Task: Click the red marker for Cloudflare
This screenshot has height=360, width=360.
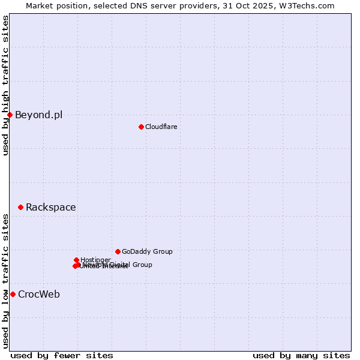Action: (141, 127)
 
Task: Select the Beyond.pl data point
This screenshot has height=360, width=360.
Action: (10, 115)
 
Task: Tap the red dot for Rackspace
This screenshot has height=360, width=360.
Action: (20, 207)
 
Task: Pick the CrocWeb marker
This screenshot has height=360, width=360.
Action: (13, 294)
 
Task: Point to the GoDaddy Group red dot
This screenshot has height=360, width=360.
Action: (118, 251)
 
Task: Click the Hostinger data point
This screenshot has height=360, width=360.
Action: (76, 260)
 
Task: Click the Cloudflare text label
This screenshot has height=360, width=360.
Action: (161, 127)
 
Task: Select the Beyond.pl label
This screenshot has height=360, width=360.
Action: (38, 115)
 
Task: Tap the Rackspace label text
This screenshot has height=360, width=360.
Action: (50, 207)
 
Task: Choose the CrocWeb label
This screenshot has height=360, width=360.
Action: (38, 294)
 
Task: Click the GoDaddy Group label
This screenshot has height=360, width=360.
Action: (147, 251)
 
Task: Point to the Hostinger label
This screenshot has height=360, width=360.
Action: (96, 260)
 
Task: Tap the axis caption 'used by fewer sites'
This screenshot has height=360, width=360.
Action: (62, 355)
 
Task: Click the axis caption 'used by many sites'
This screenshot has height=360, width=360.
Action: (301, 355)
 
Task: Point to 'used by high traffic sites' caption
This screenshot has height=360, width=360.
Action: (5, 85)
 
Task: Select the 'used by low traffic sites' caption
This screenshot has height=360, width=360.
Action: (5, 281)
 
